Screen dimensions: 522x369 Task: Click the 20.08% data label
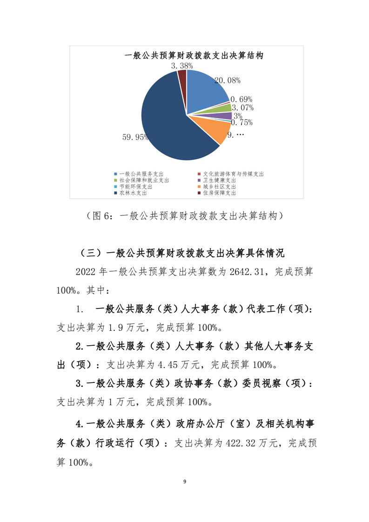(x=227, y=80)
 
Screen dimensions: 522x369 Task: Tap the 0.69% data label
(x=242, y=99)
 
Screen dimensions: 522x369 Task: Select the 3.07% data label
(x=243, y=108)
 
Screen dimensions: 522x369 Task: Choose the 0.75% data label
(x=242, y=123)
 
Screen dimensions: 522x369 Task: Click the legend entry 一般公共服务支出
(x=135, y=174)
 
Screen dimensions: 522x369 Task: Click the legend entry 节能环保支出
(x=132, y=186)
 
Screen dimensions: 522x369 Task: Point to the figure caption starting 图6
(x=184, y=216)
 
